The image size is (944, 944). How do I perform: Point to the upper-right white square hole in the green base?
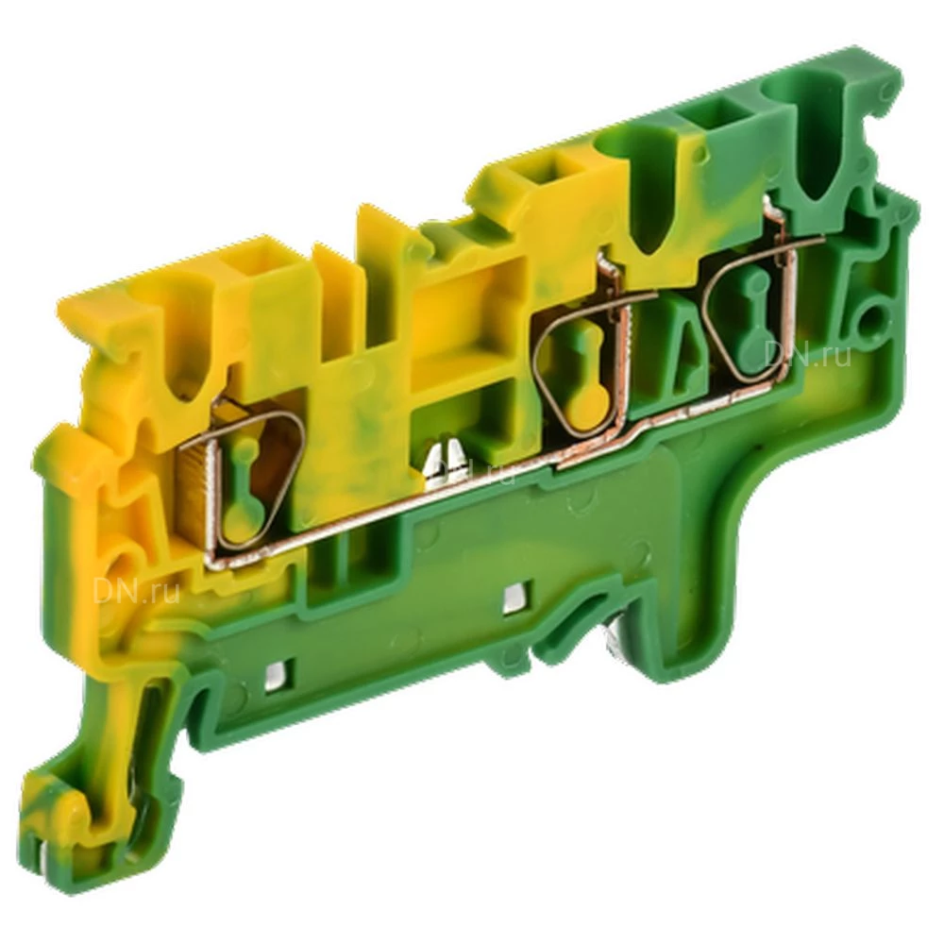(x=514, y=597)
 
